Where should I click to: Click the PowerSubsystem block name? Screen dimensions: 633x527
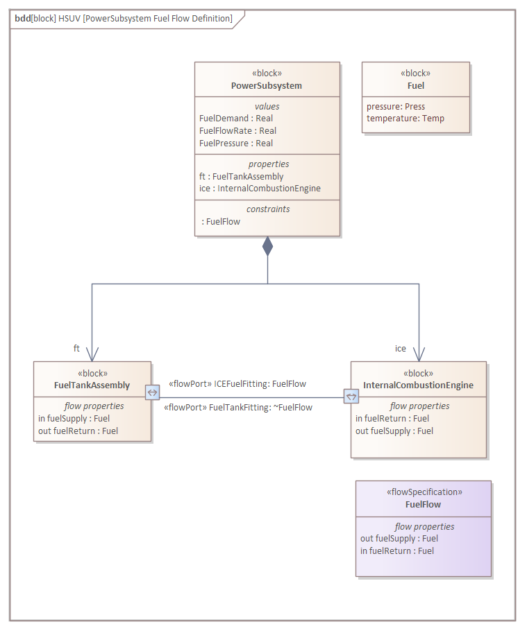pos(267,86)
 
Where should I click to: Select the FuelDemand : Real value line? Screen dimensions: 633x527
pos(236,119)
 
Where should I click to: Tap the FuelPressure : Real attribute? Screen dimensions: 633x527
pos(236,144)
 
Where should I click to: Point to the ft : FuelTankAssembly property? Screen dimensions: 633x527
pos(241,177)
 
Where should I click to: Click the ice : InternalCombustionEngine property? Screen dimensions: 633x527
pos(260,189)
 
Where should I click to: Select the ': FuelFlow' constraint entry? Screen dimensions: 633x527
pos(221,222)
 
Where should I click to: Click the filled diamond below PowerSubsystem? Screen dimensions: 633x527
pos(267,246)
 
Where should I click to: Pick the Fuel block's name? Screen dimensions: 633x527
pos(416,86)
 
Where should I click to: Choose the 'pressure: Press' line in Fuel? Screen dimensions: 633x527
pos(396,107)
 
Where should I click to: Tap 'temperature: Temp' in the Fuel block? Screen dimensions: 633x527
pos(405,119)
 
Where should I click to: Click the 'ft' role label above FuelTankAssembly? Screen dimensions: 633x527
pos(77,348)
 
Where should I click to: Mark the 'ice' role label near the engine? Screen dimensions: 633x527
pos(401,348)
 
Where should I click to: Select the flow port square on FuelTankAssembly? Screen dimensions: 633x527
pos(152,392)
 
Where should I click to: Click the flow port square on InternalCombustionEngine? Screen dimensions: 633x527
pos(351,397)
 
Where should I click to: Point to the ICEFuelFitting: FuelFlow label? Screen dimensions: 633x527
pos(237,383)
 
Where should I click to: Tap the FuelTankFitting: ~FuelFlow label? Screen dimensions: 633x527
pos(238,408)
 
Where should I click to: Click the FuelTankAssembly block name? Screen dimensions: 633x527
pos(92,385)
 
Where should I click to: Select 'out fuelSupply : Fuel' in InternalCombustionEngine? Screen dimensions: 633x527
pos(394,431)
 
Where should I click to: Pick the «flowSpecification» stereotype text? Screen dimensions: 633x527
pos(424,492)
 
